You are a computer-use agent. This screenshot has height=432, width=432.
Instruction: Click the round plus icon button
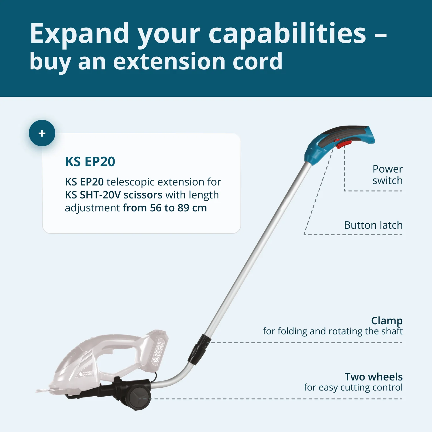[x=42, y=133]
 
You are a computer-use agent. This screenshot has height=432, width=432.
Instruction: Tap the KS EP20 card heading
[x=90, y=162]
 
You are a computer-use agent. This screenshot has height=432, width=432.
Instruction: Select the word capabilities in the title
[x=287, y=34]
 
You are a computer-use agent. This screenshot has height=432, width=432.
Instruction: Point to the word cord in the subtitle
[x=257, y=61]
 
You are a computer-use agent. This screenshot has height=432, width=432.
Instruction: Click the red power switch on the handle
[x=344, y=143]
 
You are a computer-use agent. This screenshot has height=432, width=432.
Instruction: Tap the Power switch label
[x=388, y=175]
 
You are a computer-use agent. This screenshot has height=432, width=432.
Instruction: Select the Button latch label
[x=373, y=225]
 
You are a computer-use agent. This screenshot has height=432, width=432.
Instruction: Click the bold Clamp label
[x=387, y=321]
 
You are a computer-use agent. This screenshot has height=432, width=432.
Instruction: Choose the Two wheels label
[x=374, y=377]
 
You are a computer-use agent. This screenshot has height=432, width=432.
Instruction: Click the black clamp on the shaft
[x=199, y=349]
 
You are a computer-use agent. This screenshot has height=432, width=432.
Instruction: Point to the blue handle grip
[x=340, y=143]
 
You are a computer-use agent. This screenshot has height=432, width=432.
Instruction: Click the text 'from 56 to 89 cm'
[x=165, y=208]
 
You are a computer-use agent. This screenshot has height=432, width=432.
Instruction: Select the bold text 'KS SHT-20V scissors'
[x=114, y=195]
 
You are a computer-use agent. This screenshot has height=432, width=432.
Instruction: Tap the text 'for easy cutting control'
[x=353, y=388]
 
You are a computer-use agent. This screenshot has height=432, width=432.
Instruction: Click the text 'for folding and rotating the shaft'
[x=333, y=331]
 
